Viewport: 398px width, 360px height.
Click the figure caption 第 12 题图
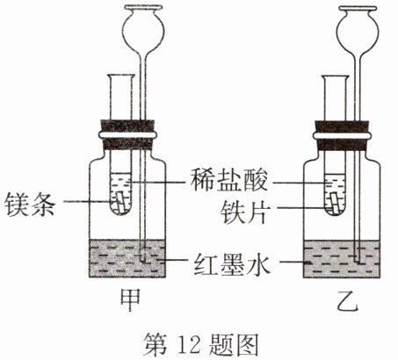coord(200,344)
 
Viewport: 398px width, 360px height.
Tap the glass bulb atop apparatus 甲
coord(143,27)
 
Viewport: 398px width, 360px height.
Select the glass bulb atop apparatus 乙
coord(358,27)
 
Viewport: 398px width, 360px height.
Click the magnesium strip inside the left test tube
coord(120,203)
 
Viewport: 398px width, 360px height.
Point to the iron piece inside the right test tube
coord(335,203)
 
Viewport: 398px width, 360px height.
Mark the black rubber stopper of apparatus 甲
coord(127,134)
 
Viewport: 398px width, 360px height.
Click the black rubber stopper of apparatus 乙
coord(342,135)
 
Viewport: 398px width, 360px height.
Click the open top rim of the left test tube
coord(121,76)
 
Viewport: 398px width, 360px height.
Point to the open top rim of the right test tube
coord(336,77)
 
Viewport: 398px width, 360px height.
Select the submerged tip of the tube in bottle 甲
coord(142,260)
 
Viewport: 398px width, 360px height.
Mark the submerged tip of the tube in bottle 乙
coord(357,261)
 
